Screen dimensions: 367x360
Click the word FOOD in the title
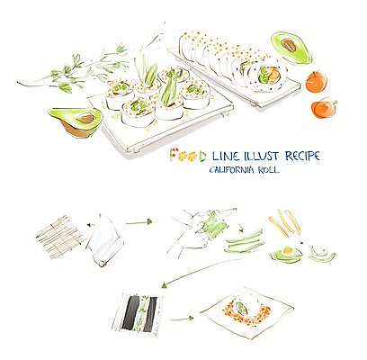188,155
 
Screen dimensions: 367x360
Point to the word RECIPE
302,156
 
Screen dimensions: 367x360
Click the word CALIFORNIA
229,170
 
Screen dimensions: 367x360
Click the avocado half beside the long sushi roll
291,49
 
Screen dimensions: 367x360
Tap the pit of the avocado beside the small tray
85,119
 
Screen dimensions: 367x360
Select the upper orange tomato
316,82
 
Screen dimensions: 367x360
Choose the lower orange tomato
323,108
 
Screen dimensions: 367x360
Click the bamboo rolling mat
60,237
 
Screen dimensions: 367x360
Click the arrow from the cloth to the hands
139,222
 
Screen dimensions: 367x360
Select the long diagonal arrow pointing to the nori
201,273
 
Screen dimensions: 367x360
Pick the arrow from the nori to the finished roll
182,319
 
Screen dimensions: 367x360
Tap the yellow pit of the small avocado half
288,250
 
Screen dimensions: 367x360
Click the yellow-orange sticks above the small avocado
285,223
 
